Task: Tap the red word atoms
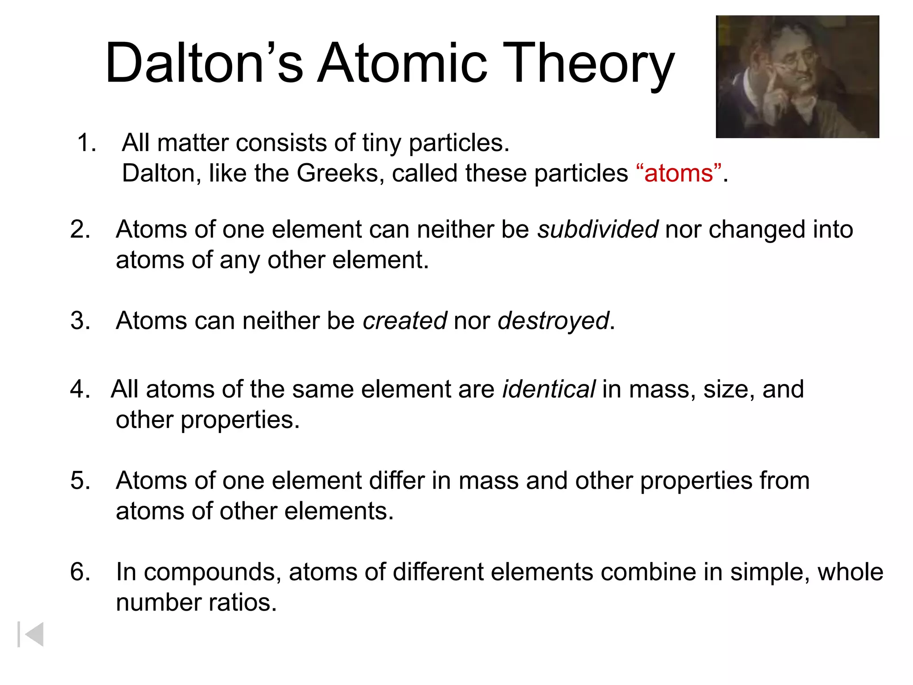point(679,173)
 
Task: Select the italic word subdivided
point(597,230)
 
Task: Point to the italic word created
point(405,321)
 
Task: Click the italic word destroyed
point(553,321)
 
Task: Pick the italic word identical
point(549,389)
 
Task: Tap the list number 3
point(80,321)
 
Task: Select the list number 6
point(80,572)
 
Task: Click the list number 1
point(86,143)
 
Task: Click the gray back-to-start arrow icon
point(31,634)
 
